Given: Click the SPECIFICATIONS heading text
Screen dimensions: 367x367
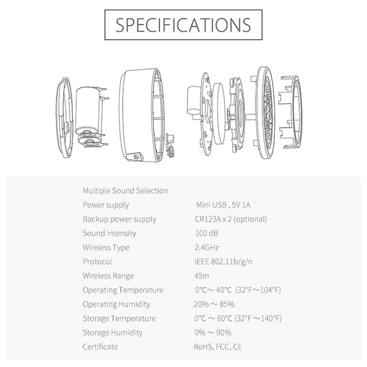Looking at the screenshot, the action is [x=183, y=25].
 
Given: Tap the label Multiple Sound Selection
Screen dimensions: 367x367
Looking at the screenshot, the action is [x=125, y=190].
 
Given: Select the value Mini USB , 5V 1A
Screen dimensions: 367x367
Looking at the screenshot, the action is [x=223, y=205].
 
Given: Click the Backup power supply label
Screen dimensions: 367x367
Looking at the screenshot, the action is [x=119, y=219].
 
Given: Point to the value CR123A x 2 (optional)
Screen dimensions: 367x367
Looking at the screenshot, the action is [x=231, y=219].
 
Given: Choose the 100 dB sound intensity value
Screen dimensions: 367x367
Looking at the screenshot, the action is [x=207, y=233].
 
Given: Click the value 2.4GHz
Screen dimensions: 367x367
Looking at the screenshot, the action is [x=207, y=247].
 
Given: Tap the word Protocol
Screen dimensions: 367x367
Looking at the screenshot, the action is [x=97, y=261].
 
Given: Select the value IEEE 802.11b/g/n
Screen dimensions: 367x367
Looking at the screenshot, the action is [x=223, y=261].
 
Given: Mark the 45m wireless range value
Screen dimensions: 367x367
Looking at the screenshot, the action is [x=202, y=276].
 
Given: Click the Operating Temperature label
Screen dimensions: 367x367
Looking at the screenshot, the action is [x=123, y=290].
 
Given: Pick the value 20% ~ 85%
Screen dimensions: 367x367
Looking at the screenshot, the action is [x=214, y=304].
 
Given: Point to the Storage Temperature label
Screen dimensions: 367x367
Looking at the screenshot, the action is [x=119, y=318].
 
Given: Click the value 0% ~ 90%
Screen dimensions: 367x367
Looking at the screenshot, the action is [x=213, y=332].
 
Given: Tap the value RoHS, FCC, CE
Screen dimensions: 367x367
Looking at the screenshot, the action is [x=218, y=347].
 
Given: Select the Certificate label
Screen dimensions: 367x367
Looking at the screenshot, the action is [x=100, y=347].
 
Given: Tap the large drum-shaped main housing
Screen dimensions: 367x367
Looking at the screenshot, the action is [x=140, y=115].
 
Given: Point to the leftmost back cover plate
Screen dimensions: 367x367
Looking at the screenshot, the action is [x=64, y=118].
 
